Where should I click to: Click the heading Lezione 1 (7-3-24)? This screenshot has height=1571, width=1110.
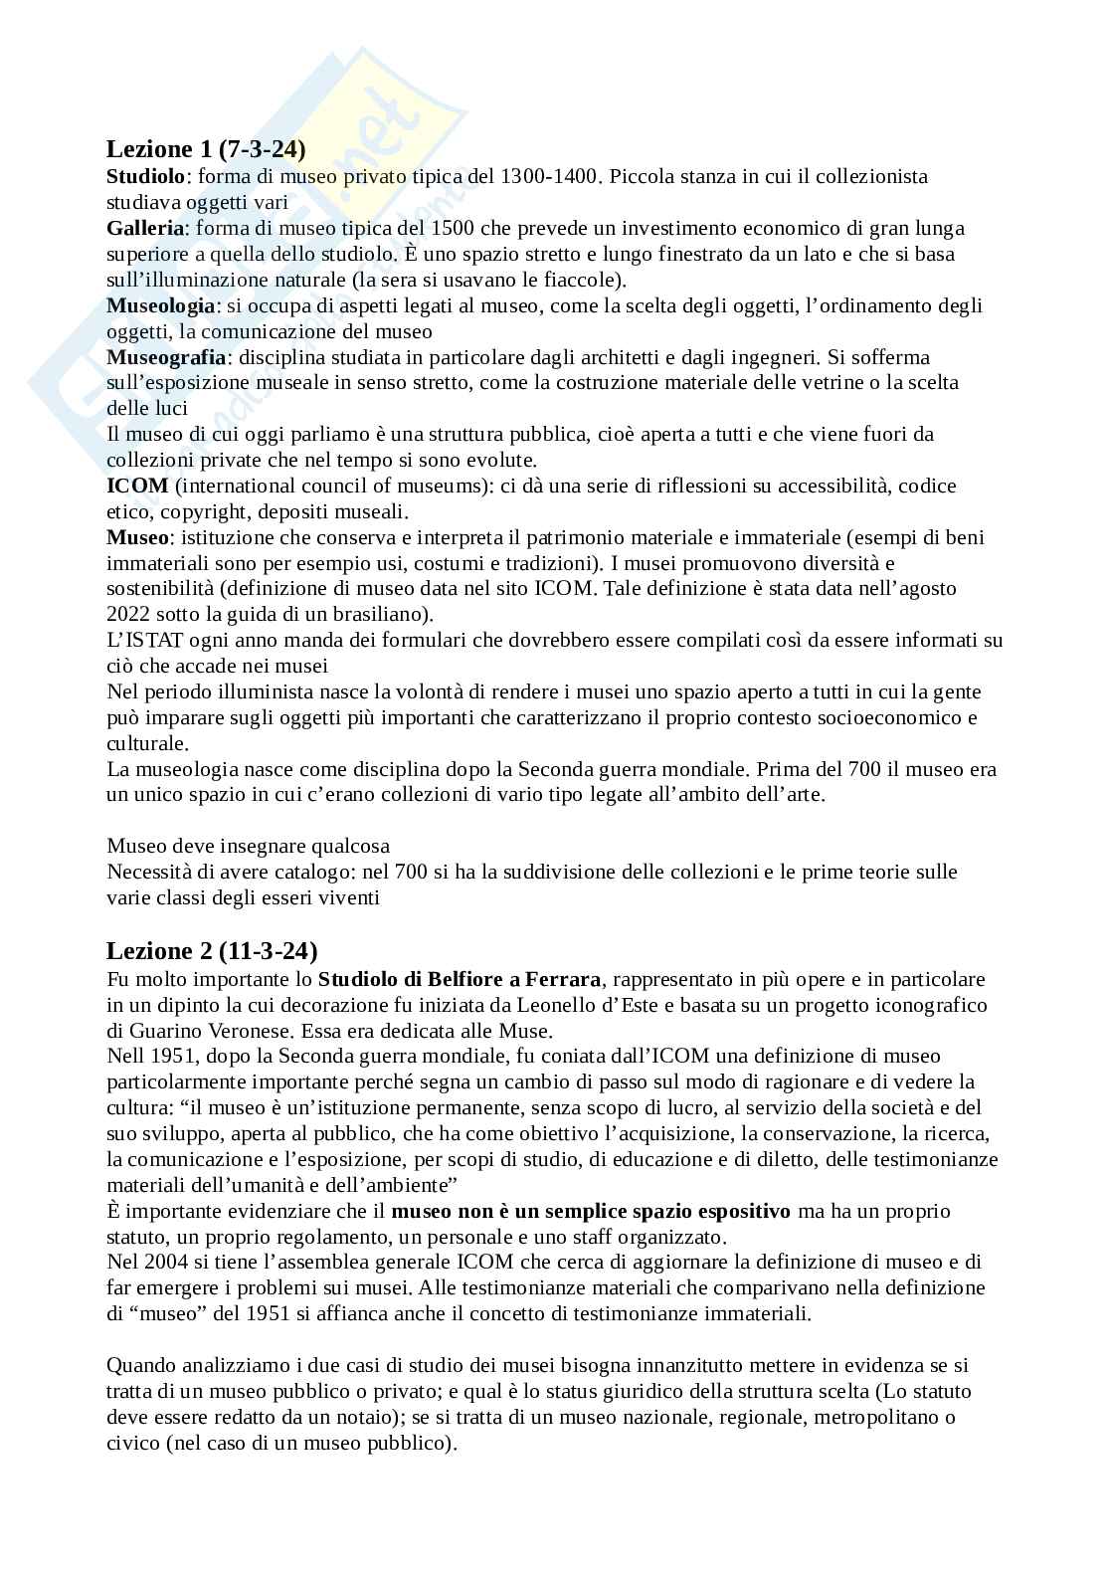(206, 149)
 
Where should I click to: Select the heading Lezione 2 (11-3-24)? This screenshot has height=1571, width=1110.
(212, 950)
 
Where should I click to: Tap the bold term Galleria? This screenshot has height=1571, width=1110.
(145, 228)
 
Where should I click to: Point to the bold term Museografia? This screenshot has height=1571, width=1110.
(166, 357)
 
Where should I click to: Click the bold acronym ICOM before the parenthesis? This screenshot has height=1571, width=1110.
(137, 487)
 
